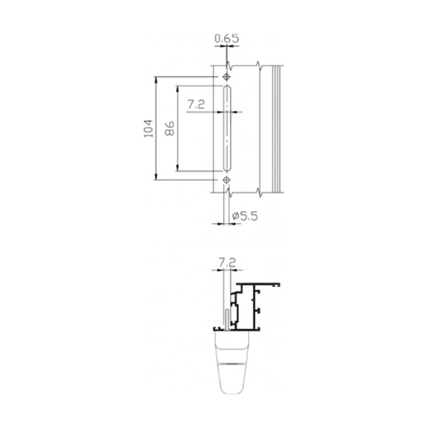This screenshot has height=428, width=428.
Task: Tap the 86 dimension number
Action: coord(170,128)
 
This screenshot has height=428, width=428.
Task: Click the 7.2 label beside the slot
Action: coord(196,104)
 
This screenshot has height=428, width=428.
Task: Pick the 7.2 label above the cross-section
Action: coord(227,263)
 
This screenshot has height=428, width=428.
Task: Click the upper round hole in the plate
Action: coord(226,76)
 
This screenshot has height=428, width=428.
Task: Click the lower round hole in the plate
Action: coord(226,180)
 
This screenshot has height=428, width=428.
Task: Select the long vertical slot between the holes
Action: coord(226,128)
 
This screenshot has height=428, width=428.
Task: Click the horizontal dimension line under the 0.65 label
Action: coord(226,46)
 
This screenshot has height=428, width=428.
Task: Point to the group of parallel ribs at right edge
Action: coord(277,128)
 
